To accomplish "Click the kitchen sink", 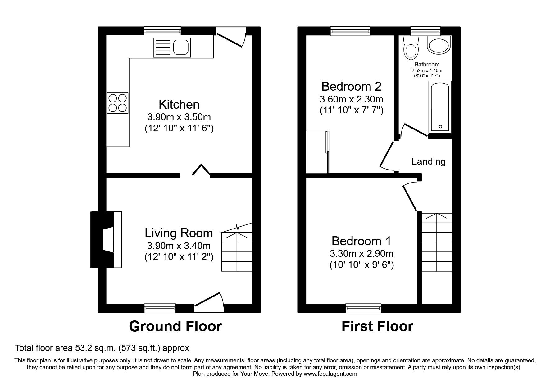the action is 172,48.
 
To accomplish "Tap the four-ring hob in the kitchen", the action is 118,103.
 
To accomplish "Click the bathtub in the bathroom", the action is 440,107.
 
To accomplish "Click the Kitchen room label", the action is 179,104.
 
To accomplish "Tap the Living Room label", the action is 179,233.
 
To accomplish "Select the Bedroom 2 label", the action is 351,86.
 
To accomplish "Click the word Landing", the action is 429,161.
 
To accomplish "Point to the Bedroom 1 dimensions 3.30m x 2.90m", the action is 361,254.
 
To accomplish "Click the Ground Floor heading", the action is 175,326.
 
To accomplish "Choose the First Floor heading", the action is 377,326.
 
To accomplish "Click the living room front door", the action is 209,302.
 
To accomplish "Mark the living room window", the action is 160,308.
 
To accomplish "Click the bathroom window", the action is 425,31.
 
